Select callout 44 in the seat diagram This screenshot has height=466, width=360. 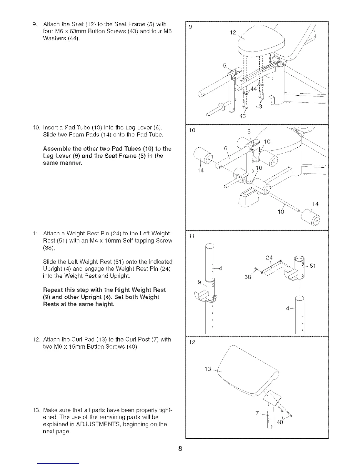click(x=254, y=89)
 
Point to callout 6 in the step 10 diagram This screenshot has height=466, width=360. click(x=226, y=149)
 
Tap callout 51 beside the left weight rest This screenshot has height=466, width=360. click(x=313, y=266)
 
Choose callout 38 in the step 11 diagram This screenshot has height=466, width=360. click(x=248, y=277)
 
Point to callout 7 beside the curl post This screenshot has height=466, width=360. click(x=257, y=413)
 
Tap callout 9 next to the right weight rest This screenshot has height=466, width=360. click(x=199, y=282)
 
